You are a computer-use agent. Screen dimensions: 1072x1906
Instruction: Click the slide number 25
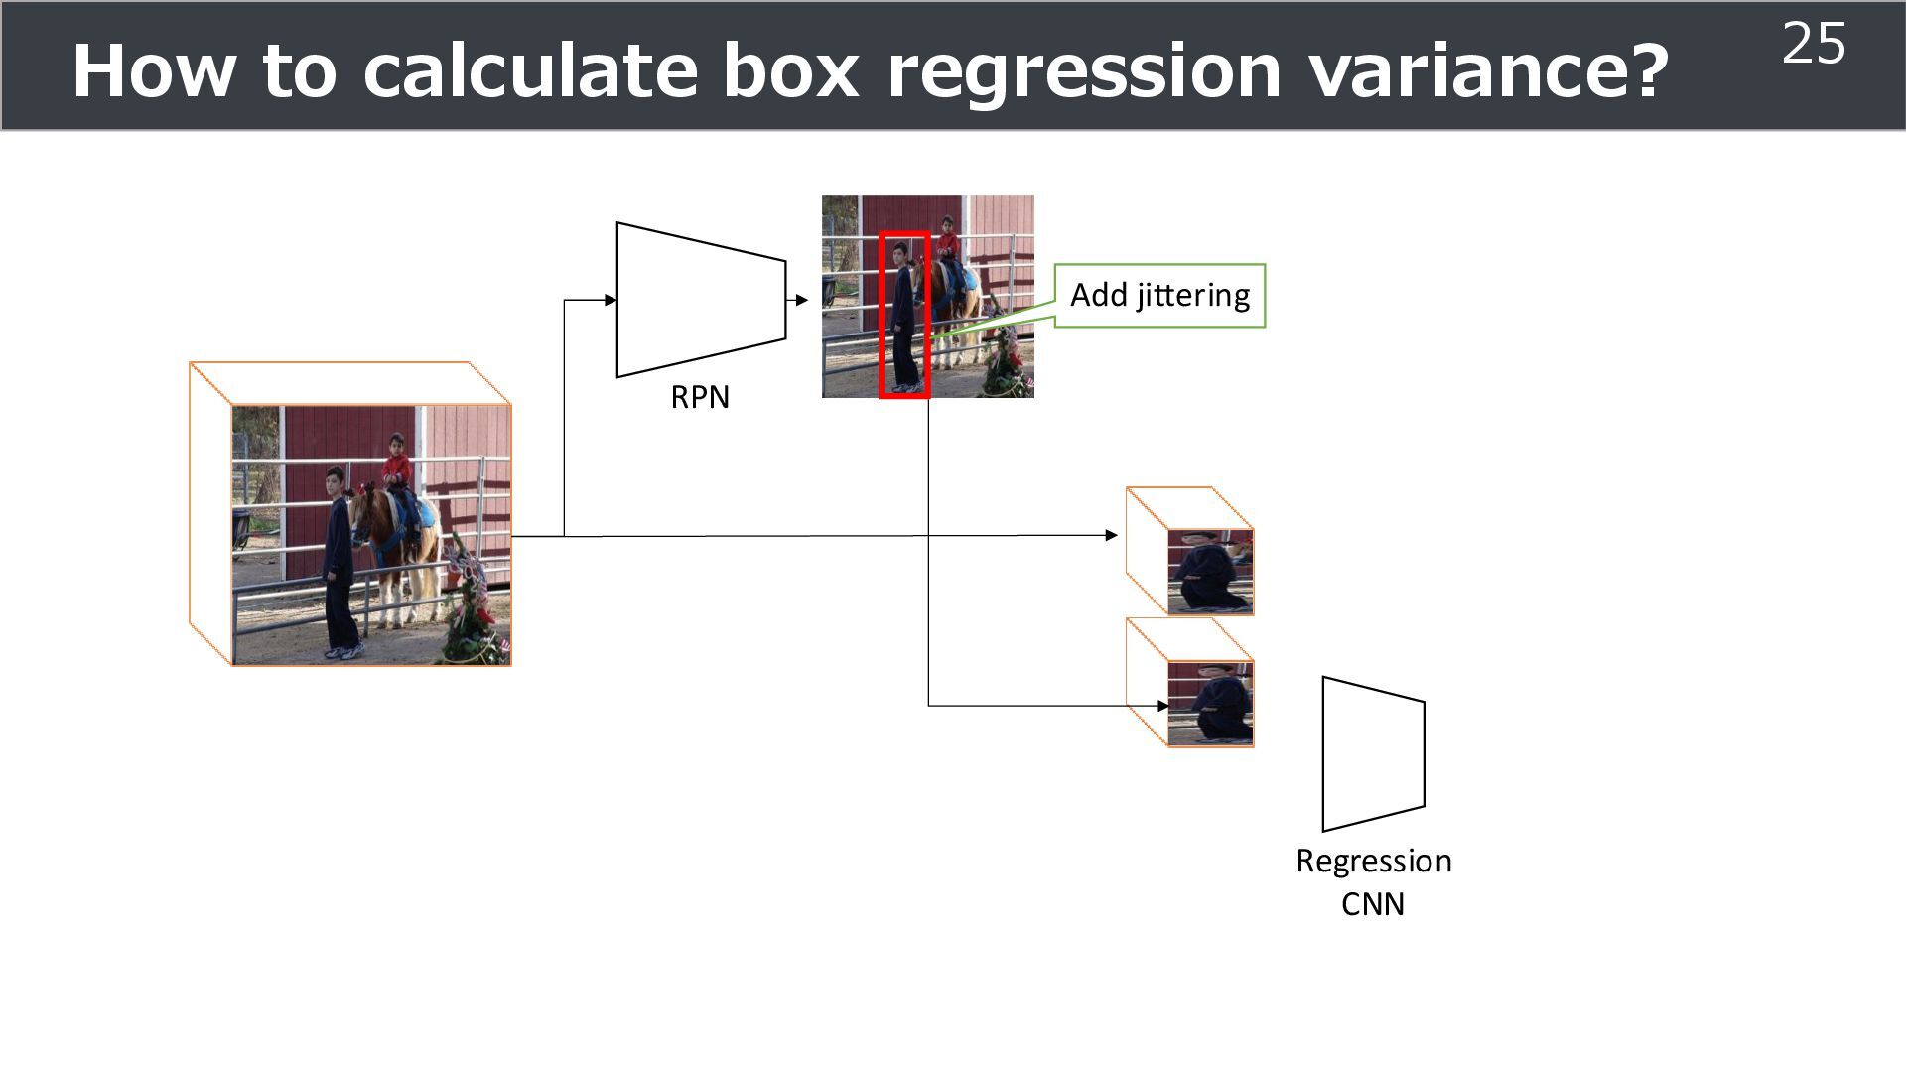[x=1814, y=45]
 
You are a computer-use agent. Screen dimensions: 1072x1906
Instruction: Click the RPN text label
[x=700, y=398]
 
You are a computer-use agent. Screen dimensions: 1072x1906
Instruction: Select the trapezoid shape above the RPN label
[x=701, y=300]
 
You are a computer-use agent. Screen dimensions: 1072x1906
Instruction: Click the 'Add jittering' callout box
[x=1159, y=296]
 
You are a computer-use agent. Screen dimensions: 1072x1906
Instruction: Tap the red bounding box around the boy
[x=904, y=316]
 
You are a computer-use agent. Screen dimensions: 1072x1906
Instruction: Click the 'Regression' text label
[x=1374, y=862]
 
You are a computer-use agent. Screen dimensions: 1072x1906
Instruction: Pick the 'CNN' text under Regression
[x=1373, y=905]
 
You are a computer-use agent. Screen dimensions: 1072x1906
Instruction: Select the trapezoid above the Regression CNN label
[x=1373, y=754]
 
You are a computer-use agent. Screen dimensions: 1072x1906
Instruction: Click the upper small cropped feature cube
[x=1209, y=571]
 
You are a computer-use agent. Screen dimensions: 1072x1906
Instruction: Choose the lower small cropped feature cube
[x=1209, y=702]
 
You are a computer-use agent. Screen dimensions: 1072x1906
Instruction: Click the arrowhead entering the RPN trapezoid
[x=610, y=300]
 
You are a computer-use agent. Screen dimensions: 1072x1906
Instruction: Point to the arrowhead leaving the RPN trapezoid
[x=802, y=300]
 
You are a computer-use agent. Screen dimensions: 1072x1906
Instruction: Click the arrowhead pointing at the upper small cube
[x=1111, y=535]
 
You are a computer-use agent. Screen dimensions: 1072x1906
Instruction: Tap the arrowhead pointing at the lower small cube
[x=1162, y=706]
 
